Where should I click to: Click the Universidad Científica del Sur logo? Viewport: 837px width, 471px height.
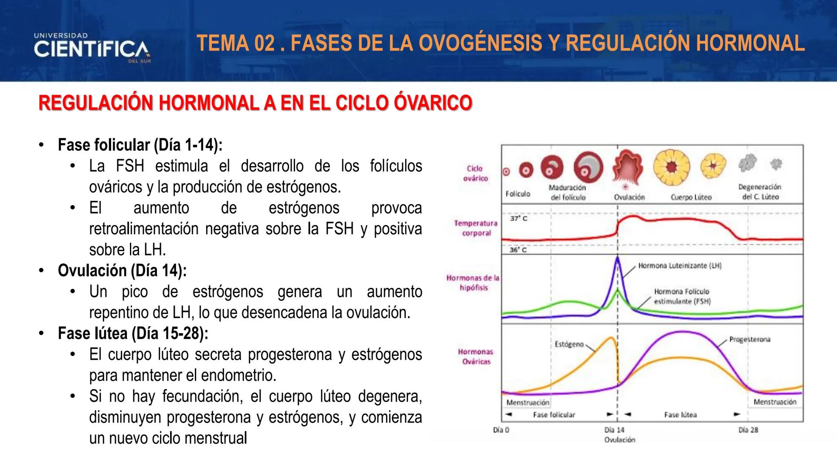pos(92,48)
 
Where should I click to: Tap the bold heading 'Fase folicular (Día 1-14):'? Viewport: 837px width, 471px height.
pos(140,145)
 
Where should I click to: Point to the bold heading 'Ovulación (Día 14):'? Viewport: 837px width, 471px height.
pos(122,270)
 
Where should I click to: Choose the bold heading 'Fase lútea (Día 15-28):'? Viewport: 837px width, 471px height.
pos(133,333)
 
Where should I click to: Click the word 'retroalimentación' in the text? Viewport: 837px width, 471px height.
pos(143,229)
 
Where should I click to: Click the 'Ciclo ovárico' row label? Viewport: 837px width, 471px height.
pos(475,173)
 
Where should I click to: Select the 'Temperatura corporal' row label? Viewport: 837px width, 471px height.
pos(476,228)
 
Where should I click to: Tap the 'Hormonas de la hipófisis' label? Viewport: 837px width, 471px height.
pos(473,282)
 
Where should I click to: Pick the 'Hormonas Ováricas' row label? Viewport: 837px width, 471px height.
pos(476,356)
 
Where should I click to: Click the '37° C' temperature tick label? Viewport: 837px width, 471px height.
pos(518,218)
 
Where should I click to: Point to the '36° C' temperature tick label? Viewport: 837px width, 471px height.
pos(518,250)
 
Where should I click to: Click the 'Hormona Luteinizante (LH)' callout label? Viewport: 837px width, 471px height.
pos(680,266)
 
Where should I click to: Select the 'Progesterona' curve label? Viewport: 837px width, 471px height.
pos(749,339)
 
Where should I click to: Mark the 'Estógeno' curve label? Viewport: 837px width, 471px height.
pos(569,344)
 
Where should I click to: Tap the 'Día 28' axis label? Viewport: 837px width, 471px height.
pos(748,430)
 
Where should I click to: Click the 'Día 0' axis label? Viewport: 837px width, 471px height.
pos(501,430)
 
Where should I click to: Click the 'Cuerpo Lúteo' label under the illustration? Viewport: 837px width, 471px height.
pos(691,197)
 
